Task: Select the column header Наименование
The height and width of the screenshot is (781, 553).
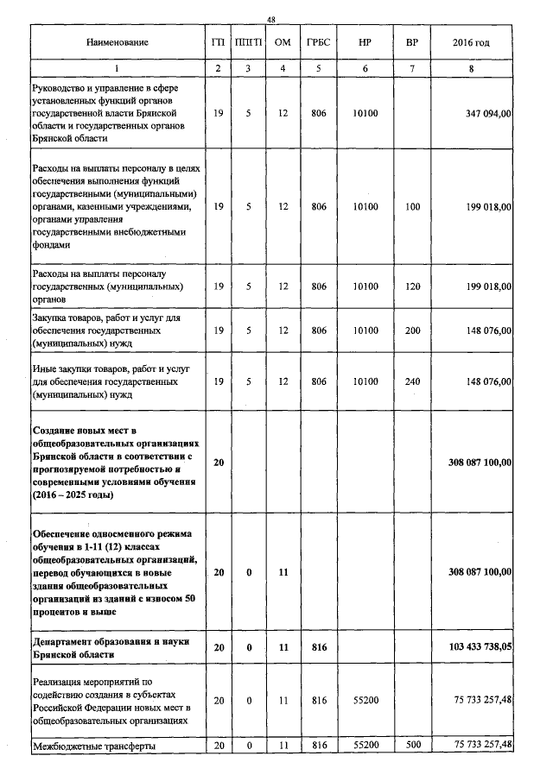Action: pos(118,42)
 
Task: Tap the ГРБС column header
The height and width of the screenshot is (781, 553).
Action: pos(317,42)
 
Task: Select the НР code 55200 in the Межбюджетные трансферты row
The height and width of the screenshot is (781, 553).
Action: pos(366,745)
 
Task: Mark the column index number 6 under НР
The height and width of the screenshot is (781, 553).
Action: pos(366,66)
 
